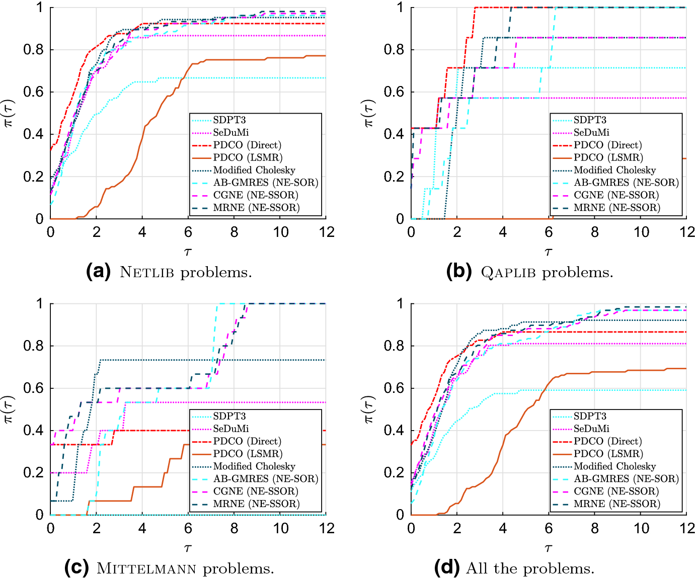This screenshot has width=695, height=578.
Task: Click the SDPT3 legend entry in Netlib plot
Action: click(229, 120)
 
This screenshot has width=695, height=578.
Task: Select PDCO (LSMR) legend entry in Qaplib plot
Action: click(608, 158)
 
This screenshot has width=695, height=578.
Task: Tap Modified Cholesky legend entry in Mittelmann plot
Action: click(254, 466)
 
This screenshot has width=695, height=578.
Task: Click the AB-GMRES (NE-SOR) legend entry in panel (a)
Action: click(265, 183)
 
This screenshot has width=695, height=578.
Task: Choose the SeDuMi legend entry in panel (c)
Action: click(230, 429)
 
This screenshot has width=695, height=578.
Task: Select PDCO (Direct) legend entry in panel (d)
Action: click(607, 441)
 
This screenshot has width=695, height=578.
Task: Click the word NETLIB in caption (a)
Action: click(146, 273)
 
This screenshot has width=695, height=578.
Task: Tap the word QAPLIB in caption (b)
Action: click(508, 273)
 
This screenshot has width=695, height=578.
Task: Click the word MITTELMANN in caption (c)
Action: click(146, 569)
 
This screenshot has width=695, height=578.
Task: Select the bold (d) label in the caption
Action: click(447, 568)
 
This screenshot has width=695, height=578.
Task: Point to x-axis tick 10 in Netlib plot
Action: click(280, 232)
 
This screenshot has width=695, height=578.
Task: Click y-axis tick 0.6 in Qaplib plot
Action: click(394, 92)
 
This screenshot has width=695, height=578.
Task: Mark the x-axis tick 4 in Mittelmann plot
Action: click(142, 529)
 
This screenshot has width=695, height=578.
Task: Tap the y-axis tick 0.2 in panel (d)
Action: click(394, 473)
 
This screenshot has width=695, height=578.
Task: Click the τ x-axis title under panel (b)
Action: click(549, 252)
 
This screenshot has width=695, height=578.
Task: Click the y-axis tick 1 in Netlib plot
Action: click(40, 8)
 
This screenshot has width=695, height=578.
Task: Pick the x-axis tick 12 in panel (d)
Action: click(686, 529)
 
